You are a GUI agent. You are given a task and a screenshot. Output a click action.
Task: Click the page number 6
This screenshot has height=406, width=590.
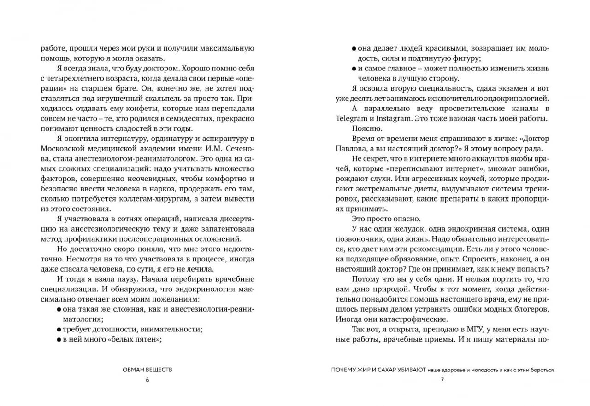(x=147, y=380)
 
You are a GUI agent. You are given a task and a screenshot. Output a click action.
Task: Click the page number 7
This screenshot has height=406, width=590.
(x=442, y=380)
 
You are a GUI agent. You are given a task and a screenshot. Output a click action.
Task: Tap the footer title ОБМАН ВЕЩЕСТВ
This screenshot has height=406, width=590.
(x=147, y=370)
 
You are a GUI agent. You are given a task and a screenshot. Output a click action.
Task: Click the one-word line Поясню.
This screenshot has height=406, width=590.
(x=365, y=128)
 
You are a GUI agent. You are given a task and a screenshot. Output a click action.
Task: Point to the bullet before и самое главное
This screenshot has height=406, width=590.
(x=354, y=69)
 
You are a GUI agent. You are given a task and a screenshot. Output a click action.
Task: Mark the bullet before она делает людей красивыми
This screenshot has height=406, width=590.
(x=354, y=48)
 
